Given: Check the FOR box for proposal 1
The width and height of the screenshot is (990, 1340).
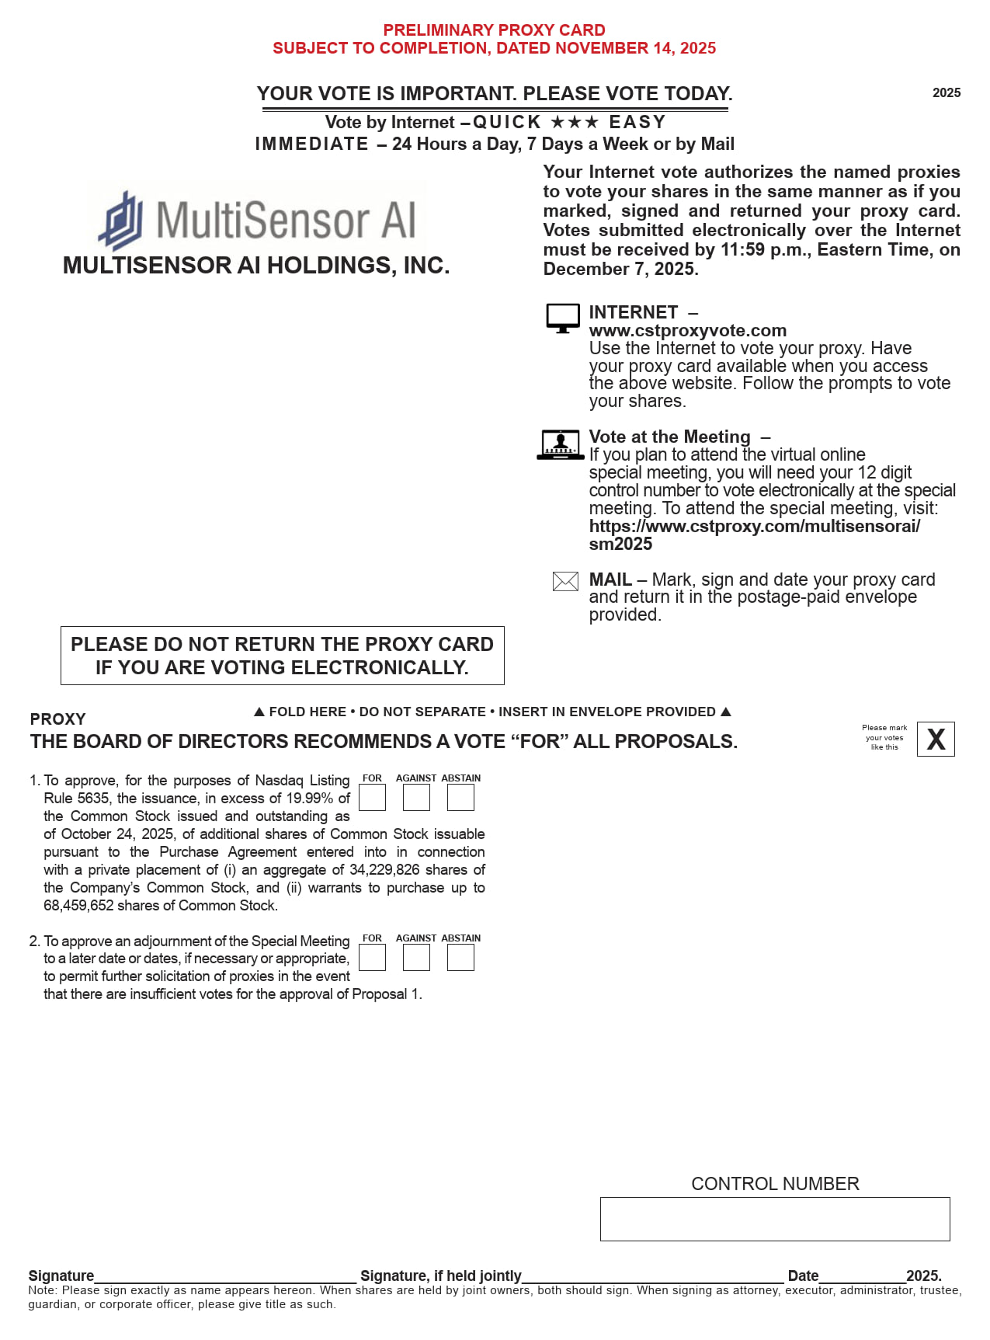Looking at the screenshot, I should [372, 798].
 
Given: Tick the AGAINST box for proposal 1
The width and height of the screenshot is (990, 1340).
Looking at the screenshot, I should [416, 798].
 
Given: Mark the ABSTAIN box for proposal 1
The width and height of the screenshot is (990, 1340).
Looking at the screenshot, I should [460, 798].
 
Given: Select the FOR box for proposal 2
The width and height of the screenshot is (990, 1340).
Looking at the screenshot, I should [372, 958].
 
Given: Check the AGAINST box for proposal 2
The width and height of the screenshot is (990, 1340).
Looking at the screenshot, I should [416, 958].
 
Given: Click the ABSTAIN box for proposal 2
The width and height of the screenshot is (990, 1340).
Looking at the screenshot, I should [460, 958].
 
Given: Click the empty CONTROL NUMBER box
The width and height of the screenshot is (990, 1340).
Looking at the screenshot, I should [774, 1219].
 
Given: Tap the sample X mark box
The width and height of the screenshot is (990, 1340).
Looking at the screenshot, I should [936, 739].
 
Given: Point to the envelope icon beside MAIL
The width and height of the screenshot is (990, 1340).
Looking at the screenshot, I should [565, 581].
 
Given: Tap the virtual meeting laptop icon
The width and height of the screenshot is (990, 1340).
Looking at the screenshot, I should [560, 444].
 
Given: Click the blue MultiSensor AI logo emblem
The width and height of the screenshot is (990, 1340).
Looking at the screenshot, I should [121, 220].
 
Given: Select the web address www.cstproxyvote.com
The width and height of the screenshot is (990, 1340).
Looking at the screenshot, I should [687, 331].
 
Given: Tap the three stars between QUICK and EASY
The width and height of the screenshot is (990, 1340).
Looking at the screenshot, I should [575, 123].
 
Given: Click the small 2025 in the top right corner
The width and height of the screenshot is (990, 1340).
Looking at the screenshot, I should [947, 93].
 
